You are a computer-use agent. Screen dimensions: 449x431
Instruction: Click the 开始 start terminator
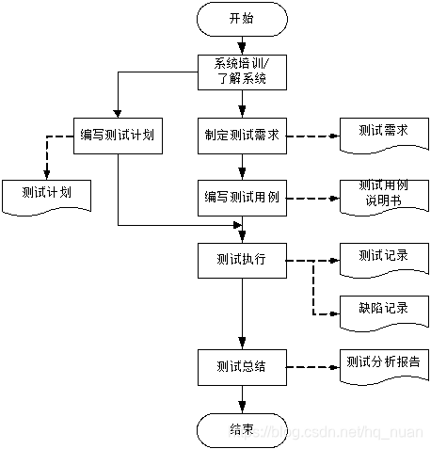pyautogui.click(x=242, y=18)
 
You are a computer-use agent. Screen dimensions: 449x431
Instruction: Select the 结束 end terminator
pyautogui.click(x=242, y=429)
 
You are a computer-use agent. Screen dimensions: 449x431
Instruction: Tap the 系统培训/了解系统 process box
pyautogui.click(x=242, y=72)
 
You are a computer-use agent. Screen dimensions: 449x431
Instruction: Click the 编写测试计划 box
pyautogui.click(x=119, y=135)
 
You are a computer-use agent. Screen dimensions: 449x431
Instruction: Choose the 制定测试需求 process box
pyautogui.click(x=242, y=135)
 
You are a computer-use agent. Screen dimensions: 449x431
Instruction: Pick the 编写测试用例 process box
pyautogui.click(x=242, y=198)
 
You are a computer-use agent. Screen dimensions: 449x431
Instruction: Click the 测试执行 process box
pyautogui.click(x=242, y=260)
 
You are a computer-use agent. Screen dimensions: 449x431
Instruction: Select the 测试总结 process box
pyautogui.click(x=242, y=365)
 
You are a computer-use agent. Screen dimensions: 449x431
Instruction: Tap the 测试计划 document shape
pyautogui.click(x=47, y=193)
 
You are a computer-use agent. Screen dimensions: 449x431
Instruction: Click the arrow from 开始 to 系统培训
pyautogui.click(x=242, y=44)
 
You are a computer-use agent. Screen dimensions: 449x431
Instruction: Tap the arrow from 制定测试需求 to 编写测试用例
pyautogui.click(x=242, y=166)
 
